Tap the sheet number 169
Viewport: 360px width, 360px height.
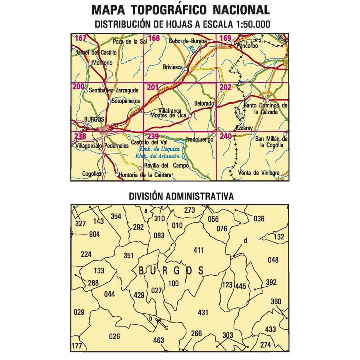click(x=226, y=39)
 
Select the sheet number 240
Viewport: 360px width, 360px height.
click(x=226, y=137)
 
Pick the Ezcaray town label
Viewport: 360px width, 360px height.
click(x=244, y=128)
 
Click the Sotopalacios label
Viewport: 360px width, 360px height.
click(x=126, y=101)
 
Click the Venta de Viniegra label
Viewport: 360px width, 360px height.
click(x=258, y=173)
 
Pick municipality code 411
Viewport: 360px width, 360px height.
click(x=198, y=250)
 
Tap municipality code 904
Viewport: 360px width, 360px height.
click(x=94, y=234)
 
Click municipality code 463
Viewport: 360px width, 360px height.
click(x=158, y=340)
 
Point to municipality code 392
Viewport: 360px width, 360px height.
click(x=271, y=282)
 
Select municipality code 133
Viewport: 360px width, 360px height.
click(x=99, y=271)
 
